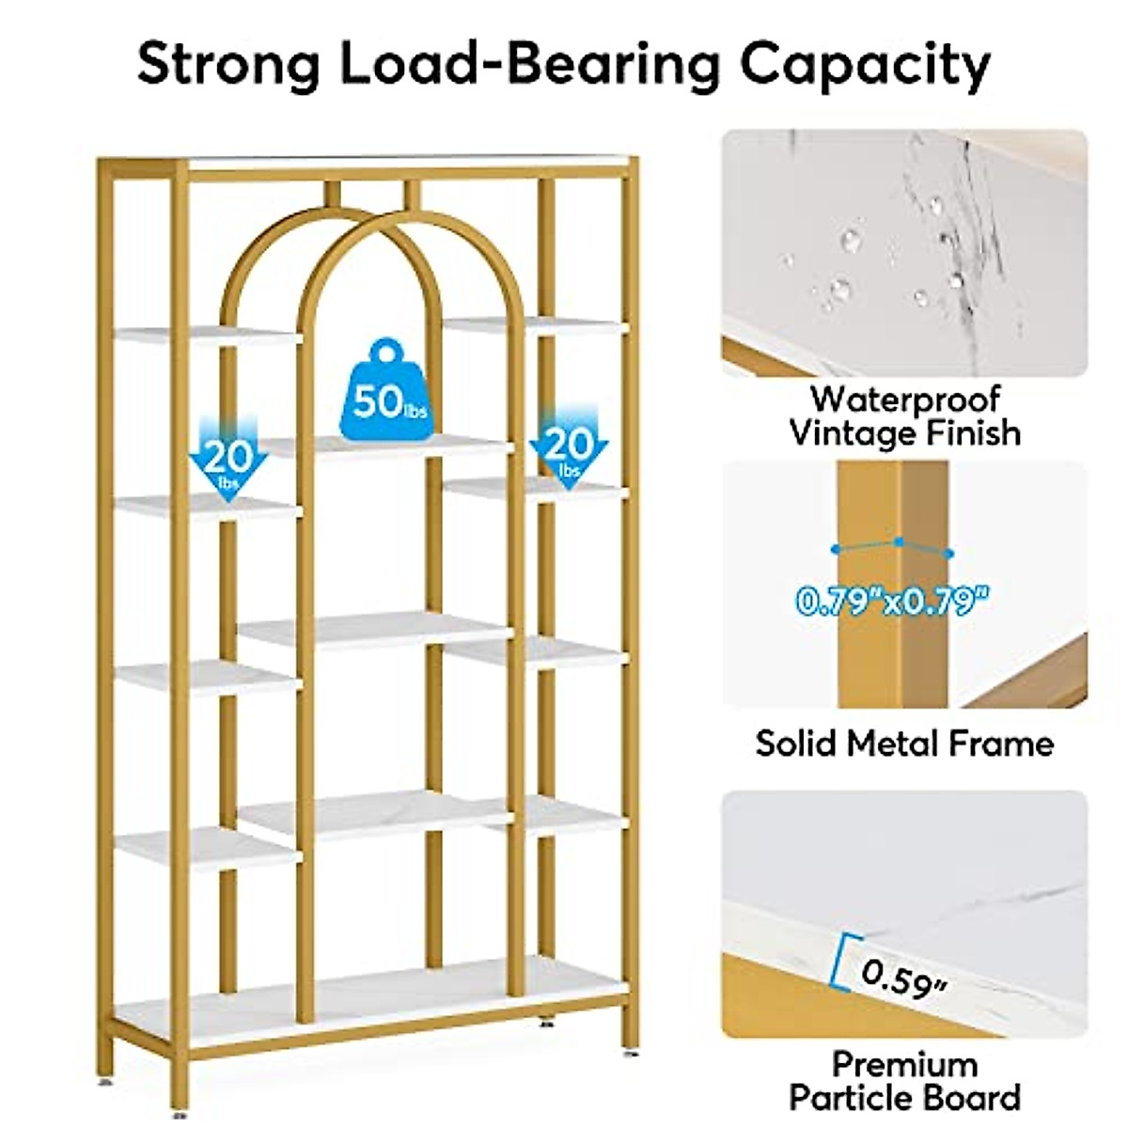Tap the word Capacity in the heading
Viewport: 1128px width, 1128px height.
point(865,68)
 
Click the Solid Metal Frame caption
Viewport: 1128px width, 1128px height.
point(905,744)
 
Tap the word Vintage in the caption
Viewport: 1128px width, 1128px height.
point(851,433)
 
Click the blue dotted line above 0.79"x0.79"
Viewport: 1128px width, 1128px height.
point(893,547)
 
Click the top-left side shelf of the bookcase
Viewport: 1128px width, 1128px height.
point(208,336)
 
